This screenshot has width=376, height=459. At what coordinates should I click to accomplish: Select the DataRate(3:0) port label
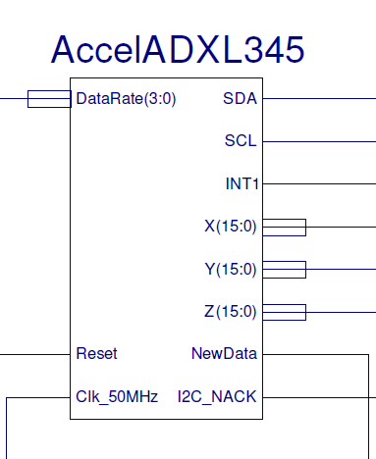(126, 98)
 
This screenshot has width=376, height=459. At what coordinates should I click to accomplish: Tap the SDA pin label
(241, 98)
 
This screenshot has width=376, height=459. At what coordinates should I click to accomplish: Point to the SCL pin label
(241, 140)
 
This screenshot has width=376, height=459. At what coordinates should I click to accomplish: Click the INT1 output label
(241, 183)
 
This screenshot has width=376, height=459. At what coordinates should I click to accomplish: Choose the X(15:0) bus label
(230, 227)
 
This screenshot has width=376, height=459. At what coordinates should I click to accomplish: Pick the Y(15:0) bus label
(230, 269)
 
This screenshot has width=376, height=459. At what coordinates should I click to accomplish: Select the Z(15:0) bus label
(230, 312)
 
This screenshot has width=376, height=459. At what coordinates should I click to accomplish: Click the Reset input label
(96, 353)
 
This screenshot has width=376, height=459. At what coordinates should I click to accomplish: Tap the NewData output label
(225, 353)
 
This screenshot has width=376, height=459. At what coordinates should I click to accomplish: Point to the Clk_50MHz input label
(117, 396)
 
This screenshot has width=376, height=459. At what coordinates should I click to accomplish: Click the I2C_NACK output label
(217, 396)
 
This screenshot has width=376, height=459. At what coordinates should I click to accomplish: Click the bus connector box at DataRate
(48, 98)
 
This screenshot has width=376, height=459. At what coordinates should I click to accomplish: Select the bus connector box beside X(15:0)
(285, 228)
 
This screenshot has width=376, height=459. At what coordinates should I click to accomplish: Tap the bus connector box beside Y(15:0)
(285, 269)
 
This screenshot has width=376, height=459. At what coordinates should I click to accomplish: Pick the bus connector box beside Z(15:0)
(285, 312)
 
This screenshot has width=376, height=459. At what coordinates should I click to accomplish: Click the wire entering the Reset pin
(34, 353)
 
